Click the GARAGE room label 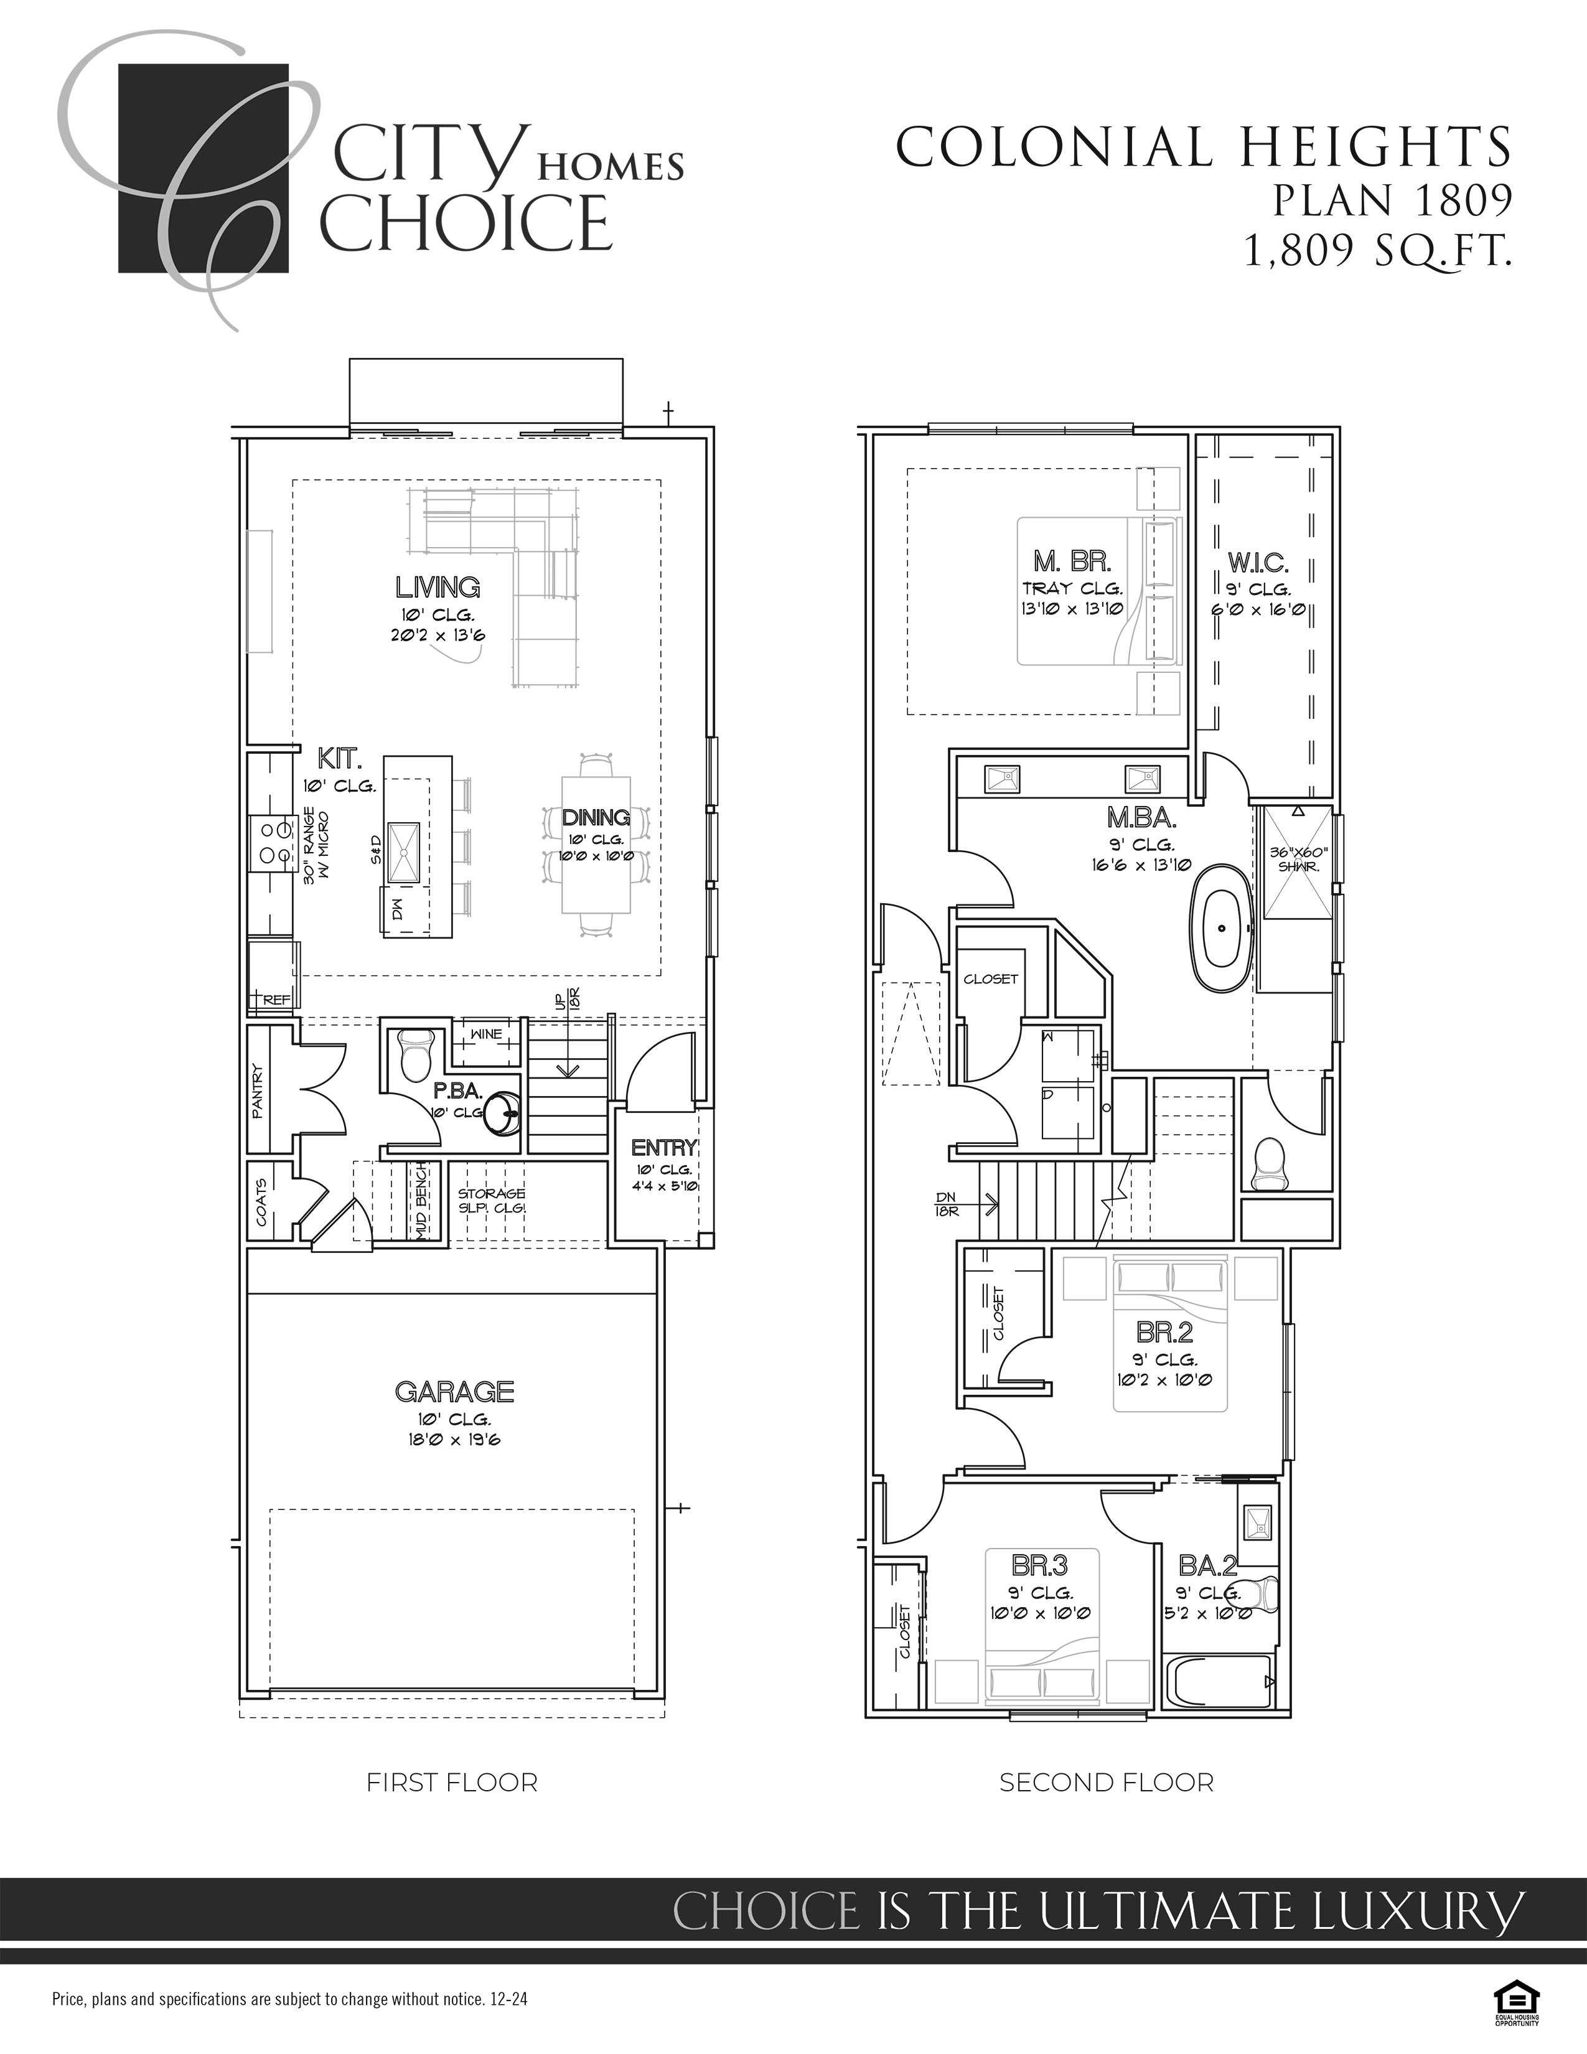(x=454, y=1391)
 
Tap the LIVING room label (x=438, y=588)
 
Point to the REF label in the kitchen (x=276, y=1000)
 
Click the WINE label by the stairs (x=486, y=1034)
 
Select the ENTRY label (x=664, y=1147)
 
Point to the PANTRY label (x=258, y=1091)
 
